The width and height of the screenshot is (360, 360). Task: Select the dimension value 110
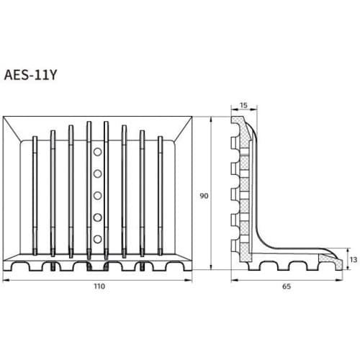(x=99, y=286)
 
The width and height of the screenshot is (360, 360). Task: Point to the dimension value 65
(x=287, y=286)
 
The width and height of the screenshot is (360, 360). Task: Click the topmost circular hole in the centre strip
(x=96, y=152)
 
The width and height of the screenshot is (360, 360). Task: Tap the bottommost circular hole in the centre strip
(x=96, y=239)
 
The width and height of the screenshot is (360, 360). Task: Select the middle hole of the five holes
(x=96, y=195)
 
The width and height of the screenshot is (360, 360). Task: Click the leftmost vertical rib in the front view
(x=34, y=196)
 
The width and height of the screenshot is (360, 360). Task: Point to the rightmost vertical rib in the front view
(x=159, y=196)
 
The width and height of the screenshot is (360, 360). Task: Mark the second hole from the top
(x=96, y=174)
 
